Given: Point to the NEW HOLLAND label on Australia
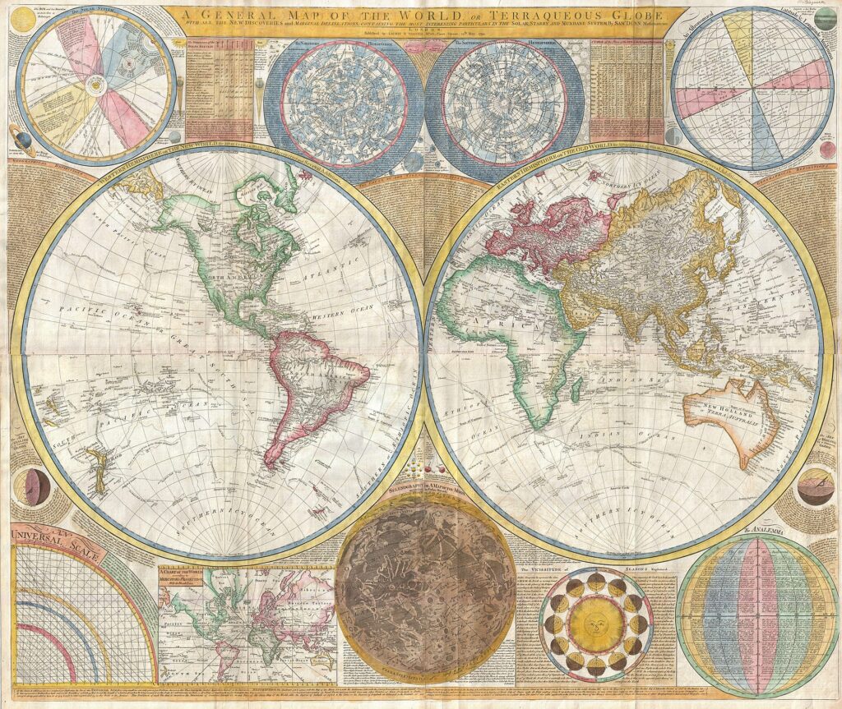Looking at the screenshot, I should (x=716, y=405).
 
